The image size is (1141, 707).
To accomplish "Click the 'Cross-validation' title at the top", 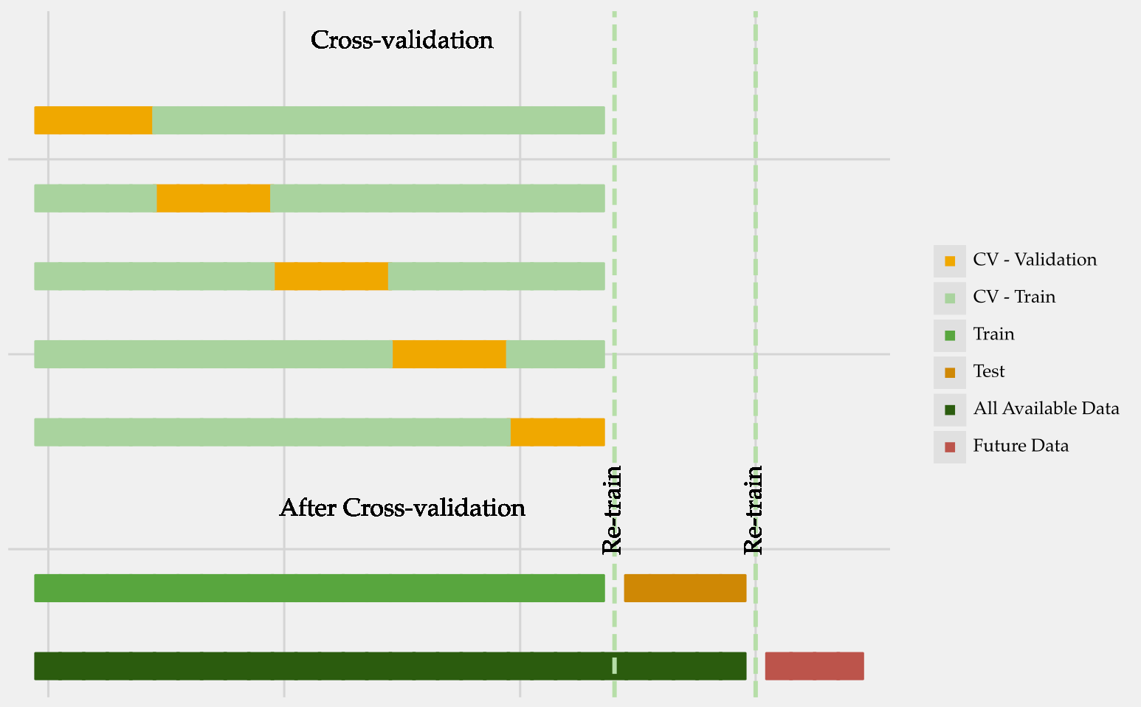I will (x=401, y=40).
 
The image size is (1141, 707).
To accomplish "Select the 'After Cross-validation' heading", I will (x=402, y=508).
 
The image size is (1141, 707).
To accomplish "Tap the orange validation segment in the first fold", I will (x=93, y=120).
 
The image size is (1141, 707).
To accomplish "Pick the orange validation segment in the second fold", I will (x=213, y=199).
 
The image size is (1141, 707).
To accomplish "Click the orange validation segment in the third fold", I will (x=331, y=276).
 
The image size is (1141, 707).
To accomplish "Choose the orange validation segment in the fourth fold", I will (x=449, y=354).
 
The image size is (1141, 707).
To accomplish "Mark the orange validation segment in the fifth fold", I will (x=557, y=432).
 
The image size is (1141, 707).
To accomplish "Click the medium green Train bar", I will (x=319, y=588).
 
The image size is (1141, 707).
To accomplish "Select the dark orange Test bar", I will (x=685, y=588).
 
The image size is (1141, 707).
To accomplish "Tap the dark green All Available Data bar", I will (x=390, y=666).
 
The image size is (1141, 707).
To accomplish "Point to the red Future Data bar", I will (x=814, y=666).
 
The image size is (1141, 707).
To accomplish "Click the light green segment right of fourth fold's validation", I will (x=555, y=354).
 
